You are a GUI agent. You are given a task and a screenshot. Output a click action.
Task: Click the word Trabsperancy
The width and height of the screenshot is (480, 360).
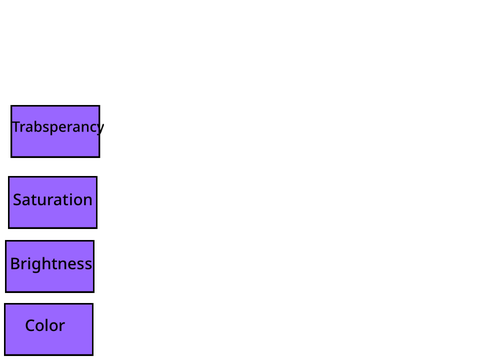(x=58, y=127)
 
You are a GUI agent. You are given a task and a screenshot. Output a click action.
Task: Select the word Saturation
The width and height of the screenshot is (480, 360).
(x=52, y=200)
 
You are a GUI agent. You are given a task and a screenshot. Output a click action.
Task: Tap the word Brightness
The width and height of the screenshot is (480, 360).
(x=51, y=264)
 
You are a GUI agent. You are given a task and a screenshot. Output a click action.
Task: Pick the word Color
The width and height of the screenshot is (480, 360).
(x=45, y=325)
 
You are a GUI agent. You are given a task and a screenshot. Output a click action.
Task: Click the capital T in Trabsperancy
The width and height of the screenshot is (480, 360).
(x=16, y=127)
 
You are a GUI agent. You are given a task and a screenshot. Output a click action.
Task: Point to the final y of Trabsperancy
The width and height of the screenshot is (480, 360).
(x=100, y=129)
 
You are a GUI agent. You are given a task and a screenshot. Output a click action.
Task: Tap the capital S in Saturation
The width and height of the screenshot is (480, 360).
(x=17, y=200)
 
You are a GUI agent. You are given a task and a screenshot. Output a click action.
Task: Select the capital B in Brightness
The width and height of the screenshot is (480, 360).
(x=15, y=264)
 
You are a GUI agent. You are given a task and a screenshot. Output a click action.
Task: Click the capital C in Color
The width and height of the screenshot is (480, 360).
(x=30, y=326)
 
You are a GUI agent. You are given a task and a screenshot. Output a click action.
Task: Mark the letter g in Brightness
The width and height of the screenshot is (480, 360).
(x=38, y=265)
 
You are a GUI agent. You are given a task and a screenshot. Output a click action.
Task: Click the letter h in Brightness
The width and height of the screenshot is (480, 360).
(x=48, y=263)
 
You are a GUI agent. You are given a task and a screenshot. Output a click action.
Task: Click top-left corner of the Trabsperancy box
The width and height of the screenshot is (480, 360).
(x=11, y=106)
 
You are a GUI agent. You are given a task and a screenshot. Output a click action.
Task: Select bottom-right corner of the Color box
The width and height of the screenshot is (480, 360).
(x=93, y=355)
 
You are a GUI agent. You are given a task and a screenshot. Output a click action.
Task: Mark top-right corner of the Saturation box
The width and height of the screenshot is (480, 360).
(x=97, y=177)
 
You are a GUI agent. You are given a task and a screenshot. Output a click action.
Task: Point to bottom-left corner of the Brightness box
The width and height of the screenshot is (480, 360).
(x=6, y=292)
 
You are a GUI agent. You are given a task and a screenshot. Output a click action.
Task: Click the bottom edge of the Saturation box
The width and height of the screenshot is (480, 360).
(x=53, y=228)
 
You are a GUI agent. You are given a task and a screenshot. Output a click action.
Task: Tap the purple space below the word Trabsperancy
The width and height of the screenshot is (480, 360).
(x=55, y=146)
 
